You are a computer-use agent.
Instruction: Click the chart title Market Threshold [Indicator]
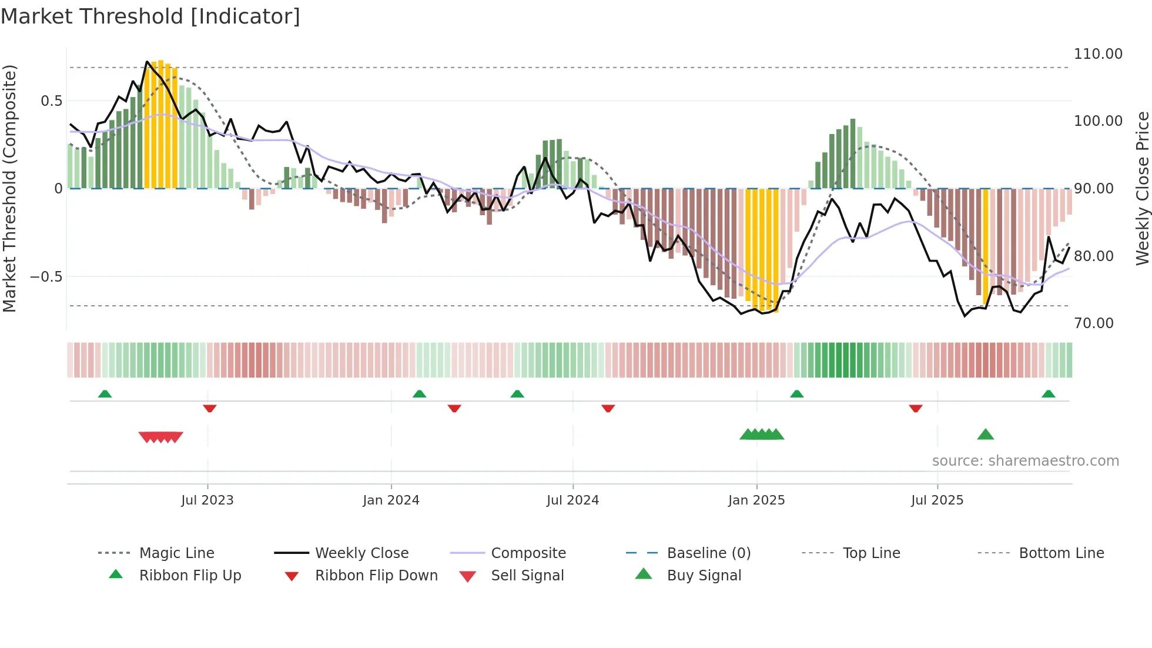pyautogui.click(x=150, y=16)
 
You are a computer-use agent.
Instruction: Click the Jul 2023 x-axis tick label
pyautogui.click(x=207, y=500)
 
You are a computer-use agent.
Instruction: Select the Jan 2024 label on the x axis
pyautogui.click(x=391, y=500)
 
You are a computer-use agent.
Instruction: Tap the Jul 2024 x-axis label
pyautogui.click(x=572, y=500)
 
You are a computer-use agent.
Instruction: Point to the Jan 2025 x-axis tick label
pyautogui.click(x=756, y=500)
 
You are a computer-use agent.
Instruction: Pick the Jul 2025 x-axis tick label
pyautogui.click(x=937, y=500)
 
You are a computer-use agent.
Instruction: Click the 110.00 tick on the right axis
pyautogui.click(x=1098, y=54)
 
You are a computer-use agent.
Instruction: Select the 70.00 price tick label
pyautogui.click(x=1093, y=323)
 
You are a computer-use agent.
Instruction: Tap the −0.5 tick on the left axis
pyautogui.click(x=46, y=277)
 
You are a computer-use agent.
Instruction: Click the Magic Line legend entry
pyautogui.click(x=176, y=553)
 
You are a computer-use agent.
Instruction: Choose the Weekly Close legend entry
pyautogui.click(x=361, y=553)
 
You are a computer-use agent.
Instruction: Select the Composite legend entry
pyautogui.click(x=528, y=553)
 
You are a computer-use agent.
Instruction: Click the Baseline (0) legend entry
pyautogui.click(x=709, y=553)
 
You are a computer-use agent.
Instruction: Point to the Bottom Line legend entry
pyautogui.click(x=1061, y=553)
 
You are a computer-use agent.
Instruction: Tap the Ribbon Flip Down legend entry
pyautogui.click(x=376, y=576)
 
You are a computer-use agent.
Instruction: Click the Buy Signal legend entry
pyautogui.click(x=704, y=576)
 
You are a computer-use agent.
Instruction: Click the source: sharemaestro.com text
pyautogui.click(x=1026, y=461)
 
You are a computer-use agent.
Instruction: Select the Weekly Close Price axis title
pyautogui.click(x=1142, y=188)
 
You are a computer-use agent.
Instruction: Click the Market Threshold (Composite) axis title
pyautogui.click(x=9, y=188)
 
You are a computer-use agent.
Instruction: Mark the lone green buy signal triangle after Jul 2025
pyautogui.click(x=986, y=435)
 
